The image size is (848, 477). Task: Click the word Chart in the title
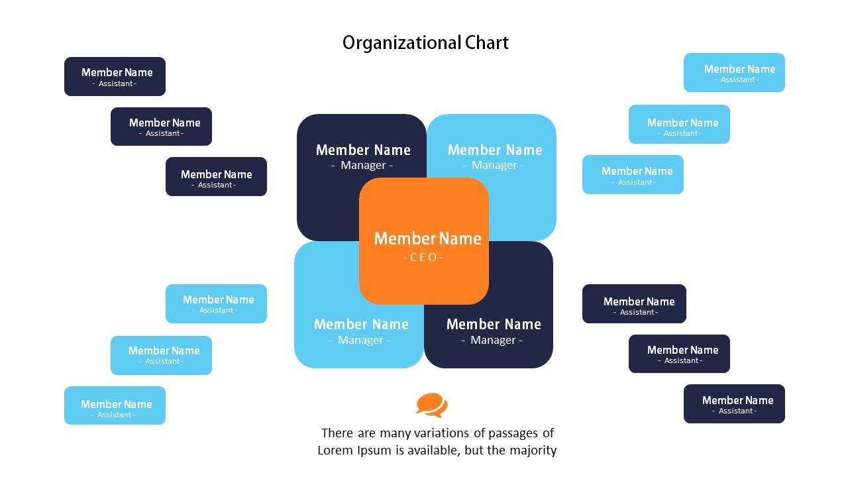486,43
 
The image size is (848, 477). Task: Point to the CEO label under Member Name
423,257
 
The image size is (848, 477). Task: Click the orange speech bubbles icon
432,405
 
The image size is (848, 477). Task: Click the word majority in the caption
533,450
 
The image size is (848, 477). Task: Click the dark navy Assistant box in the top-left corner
115,76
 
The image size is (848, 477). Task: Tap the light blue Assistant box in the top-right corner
734,73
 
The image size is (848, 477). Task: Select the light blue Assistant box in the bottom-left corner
115,405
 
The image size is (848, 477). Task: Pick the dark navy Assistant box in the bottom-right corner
734,403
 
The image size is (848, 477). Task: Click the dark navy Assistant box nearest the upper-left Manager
216,177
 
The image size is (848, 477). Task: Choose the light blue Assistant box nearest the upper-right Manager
633,175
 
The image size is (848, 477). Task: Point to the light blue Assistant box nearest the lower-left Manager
216,304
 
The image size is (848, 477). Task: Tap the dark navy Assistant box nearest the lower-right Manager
634,304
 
